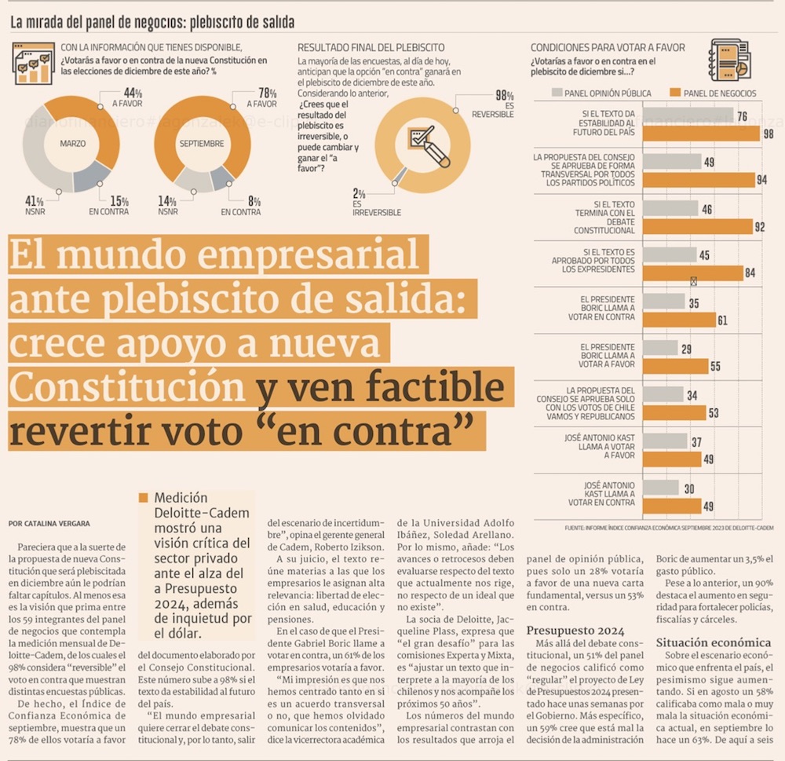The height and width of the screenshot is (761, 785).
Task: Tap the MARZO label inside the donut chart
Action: point(72,144)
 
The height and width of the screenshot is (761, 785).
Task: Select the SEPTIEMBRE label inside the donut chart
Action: point(202,144)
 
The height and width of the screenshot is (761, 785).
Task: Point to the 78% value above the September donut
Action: point(268,93)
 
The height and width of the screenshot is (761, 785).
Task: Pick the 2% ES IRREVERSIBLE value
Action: point(360,193)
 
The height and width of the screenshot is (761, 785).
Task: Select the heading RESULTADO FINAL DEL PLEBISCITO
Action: point(371,47)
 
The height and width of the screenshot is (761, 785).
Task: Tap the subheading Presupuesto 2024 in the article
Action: point(576,631)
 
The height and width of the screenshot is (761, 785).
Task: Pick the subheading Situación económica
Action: point(713,642)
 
